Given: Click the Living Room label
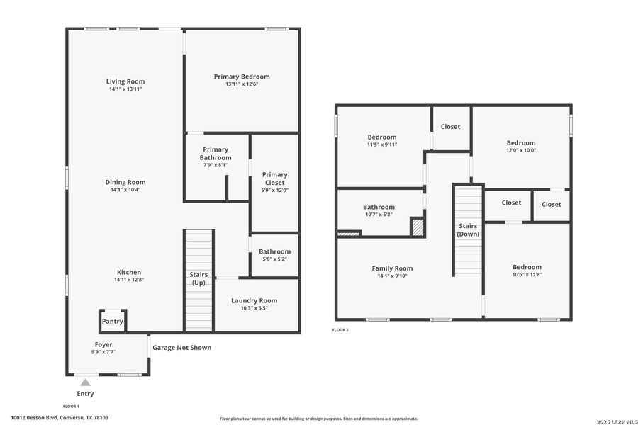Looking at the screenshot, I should tap(125, 81).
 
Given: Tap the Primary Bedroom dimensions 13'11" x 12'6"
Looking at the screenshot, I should tap(242, 84).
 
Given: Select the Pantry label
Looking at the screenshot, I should tap(113, 322).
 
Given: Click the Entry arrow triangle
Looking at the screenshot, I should tap(85, 382).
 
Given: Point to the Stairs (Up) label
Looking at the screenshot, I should tap(198, 278).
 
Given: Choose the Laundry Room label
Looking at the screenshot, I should tap(254, 300).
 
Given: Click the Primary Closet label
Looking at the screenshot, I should tap(274, 178).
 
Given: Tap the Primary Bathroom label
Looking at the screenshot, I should tap(216, 154).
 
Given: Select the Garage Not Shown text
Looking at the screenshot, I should tap(181, 348).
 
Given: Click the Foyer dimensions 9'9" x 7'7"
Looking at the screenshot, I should tap(103, 352).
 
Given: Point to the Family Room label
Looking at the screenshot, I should tap(392, 268).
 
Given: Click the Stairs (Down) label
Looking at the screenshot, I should tap(468, 229).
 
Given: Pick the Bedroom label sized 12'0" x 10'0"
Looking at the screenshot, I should tap(521, 142).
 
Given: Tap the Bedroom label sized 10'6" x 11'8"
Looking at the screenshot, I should tap(527, 267).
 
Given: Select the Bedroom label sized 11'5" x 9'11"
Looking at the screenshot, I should tap(381, 137).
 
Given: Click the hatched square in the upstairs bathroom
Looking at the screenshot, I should tap(418, 227).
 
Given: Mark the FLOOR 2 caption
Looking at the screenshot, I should tap(340, 330).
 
